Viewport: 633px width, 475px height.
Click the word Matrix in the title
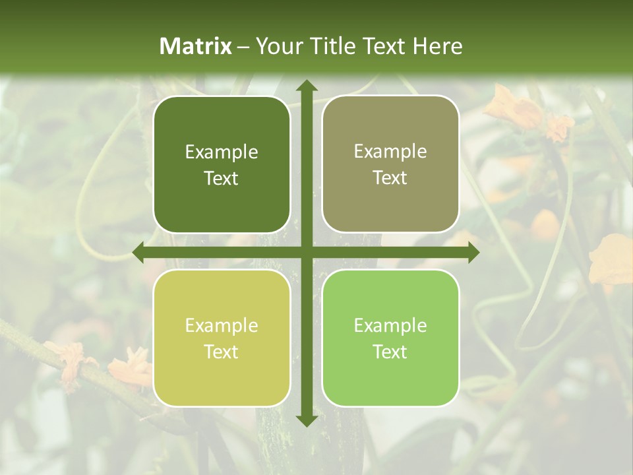click(196, 46)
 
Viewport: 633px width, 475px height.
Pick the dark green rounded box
click(222, 164)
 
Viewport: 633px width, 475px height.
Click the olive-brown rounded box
click(390, 164)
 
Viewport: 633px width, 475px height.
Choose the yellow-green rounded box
click(222, 338)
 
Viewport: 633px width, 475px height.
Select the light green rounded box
click(390, 338)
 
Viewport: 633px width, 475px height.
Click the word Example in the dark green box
click(222, 152)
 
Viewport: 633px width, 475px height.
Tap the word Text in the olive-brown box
click(390, 178)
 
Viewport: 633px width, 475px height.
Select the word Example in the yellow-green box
click(222, 326)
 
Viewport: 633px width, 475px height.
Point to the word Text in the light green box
click(390, 352)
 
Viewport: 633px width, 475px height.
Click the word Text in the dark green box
click(222, 178)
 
